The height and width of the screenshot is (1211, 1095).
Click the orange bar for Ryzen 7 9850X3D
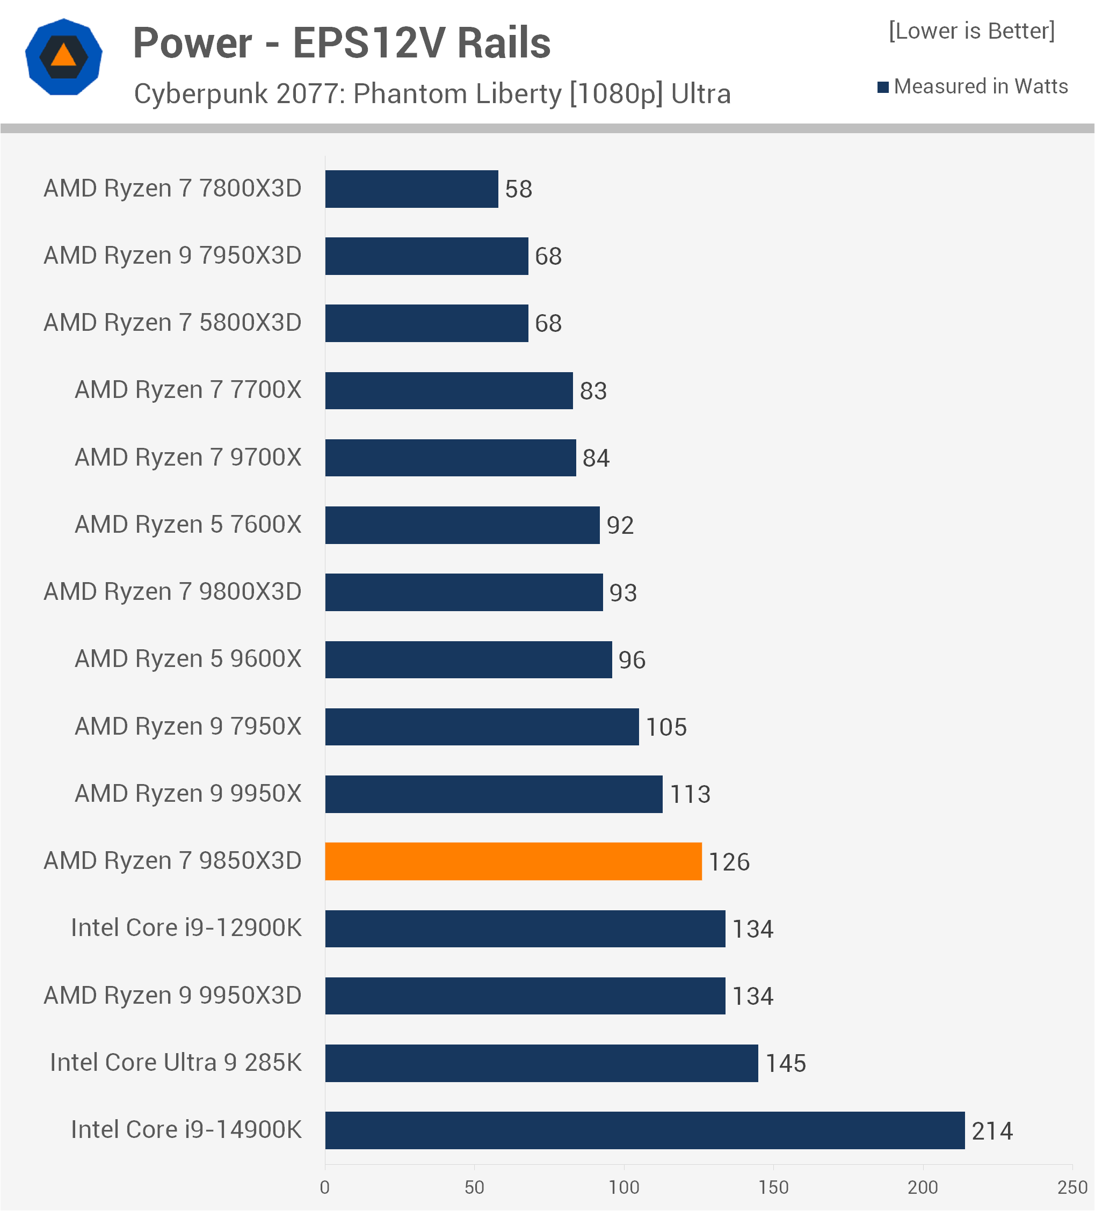(513, 861)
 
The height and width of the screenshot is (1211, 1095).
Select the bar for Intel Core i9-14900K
(644, 1130)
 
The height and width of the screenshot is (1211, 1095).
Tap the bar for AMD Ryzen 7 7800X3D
(411, 188)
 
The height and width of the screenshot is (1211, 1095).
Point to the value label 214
(992, 1131)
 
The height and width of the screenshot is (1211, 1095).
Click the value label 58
(518, 189)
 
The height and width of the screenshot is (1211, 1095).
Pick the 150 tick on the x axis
(773, 1187)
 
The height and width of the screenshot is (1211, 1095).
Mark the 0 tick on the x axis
(325, 1187)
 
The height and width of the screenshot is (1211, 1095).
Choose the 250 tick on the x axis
(1072, 1187)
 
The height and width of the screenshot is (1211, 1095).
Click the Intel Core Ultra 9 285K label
(176, 1063)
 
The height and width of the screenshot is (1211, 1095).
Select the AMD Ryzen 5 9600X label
(187, 659)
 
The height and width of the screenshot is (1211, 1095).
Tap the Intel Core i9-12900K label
(186, 928)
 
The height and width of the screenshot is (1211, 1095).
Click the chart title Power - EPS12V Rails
(342, 43)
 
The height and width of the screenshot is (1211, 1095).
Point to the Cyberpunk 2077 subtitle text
(432, 93)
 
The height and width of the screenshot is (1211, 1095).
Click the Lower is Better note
(971, 31)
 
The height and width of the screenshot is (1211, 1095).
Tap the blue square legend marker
(883, 87)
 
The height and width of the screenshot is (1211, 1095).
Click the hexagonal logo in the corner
(64, 57)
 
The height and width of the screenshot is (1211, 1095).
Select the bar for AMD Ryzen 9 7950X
(482, 727)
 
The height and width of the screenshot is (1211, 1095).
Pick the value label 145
(785, 1064)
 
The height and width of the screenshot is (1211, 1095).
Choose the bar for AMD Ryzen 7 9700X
(451, 458)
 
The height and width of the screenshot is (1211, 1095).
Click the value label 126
(729, 862)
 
